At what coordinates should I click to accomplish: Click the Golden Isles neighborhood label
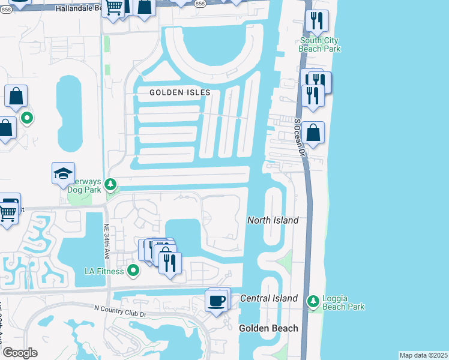[x=180, y=92]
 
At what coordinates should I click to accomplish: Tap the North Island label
[x=273, y=220]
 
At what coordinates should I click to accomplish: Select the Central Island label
[x=268, y=298]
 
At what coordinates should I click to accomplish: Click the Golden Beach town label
[x=268, y=328]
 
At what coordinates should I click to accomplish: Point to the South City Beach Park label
[x=320, y=44]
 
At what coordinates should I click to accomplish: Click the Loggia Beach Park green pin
[x=312, y=300]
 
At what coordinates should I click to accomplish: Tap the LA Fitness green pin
[x=133, y=271]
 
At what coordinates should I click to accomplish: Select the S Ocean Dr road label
[x=300, y=137]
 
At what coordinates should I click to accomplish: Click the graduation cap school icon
[x=64, y=174]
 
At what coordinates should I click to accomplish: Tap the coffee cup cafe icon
[x=216, y=301]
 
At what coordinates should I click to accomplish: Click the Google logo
[x=20, y=353]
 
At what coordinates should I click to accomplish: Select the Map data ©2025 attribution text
[x=423, y=355]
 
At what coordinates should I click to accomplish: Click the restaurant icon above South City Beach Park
[x=316, y=21]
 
